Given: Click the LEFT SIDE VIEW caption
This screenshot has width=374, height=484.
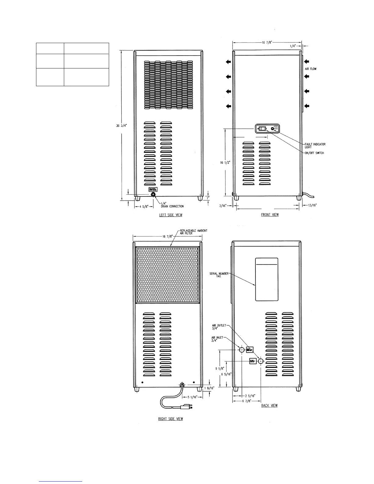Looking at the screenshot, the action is click(x=170, y=215).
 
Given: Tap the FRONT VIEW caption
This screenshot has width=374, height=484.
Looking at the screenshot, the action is click(x=270, y=215).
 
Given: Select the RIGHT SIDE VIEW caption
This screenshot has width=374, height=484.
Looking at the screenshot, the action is click(x=170, y=419).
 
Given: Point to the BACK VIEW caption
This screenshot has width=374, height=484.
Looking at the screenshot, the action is click(x=269, y=405).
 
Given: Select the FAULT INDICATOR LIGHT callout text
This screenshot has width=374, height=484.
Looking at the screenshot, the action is click(x=315, y=145).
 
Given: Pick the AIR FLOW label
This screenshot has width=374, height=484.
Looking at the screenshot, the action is click(x=310, y=69).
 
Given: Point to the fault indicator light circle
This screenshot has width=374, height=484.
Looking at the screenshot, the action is click(x=273, y=129).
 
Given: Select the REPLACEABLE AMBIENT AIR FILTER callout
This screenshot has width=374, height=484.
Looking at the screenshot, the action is click(x=193, y=232).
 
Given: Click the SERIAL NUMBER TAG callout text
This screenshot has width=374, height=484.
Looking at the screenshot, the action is click(x=219, y=275).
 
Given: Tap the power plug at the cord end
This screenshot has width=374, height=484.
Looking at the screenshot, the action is click(x=185, y=407).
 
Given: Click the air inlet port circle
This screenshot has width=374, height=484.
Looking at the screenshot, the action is click(x=241, y=350).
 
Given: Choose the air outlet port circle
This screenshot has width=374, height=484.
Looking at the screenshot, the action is click(x=261, y=361).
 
